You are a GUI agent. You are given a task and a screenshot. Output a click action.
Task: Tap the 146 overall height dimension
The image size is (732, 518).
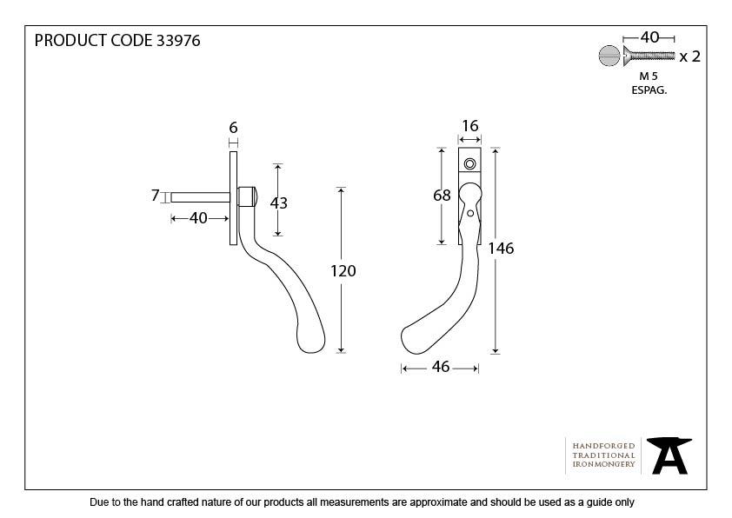[x=501, y=249]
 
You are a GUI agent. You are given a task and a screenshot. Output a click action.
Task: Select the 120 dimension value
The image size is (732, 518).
[x=343, y=270]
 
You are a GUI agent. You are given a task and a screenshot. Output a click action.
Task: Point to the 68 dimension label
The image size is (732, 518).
[x=442, y=196]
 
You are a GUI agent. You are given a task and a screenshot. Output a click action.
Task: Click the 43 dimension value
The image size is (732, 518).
[x=278, y=203]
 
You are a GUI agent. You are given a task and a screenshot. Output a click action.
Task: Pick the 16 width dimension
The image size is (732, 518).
[x=469, y=126]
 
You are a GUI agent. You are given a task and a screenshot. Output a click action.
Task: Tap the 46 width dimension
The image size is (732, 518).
[x=440, y=367]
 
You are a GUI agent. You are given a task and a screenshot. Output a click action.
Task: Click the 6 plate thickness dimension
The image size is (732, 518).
[x=233, y=128]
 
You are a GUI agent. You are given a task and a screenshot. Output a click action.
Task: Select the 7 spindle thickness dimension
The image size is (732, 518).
[x=156, y=196]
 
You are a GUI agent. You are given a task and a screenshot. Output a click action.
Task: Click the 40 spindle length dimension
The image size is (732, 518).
[x=198, y=218]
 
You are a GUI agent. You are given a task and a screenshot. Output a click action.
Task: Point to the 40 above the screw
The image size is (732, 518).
[x=649, y=37]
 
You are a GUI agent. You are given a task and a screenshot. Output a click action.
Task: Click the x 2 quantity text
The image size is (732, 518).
[x=689, y=56]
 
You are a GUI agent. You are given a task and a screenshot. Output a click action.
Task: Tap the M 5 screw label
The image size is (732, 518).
[x=648, y=76]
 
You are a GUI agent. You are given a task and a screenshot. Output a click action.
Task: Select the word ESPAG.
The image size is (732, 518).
[x=649, y=90]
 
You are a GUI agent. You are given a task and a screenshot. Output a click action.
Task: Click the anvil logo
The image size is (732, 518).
[x=670, y=455]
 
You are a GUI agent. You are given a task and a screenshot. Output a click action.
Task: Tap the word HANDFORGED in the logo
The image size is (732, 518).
[x=603, y=445]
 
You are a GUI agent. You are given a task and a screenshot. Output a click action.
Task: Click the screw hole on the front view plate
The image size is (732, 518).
[x=469, y=163]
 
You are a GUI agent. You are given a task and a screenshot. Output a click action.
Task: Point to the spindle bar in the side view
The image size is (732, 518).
[x=200, y=196]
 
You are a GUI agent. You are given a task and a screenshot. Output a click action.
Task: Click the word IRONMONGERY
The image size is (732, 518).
[x=603, y=465]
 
